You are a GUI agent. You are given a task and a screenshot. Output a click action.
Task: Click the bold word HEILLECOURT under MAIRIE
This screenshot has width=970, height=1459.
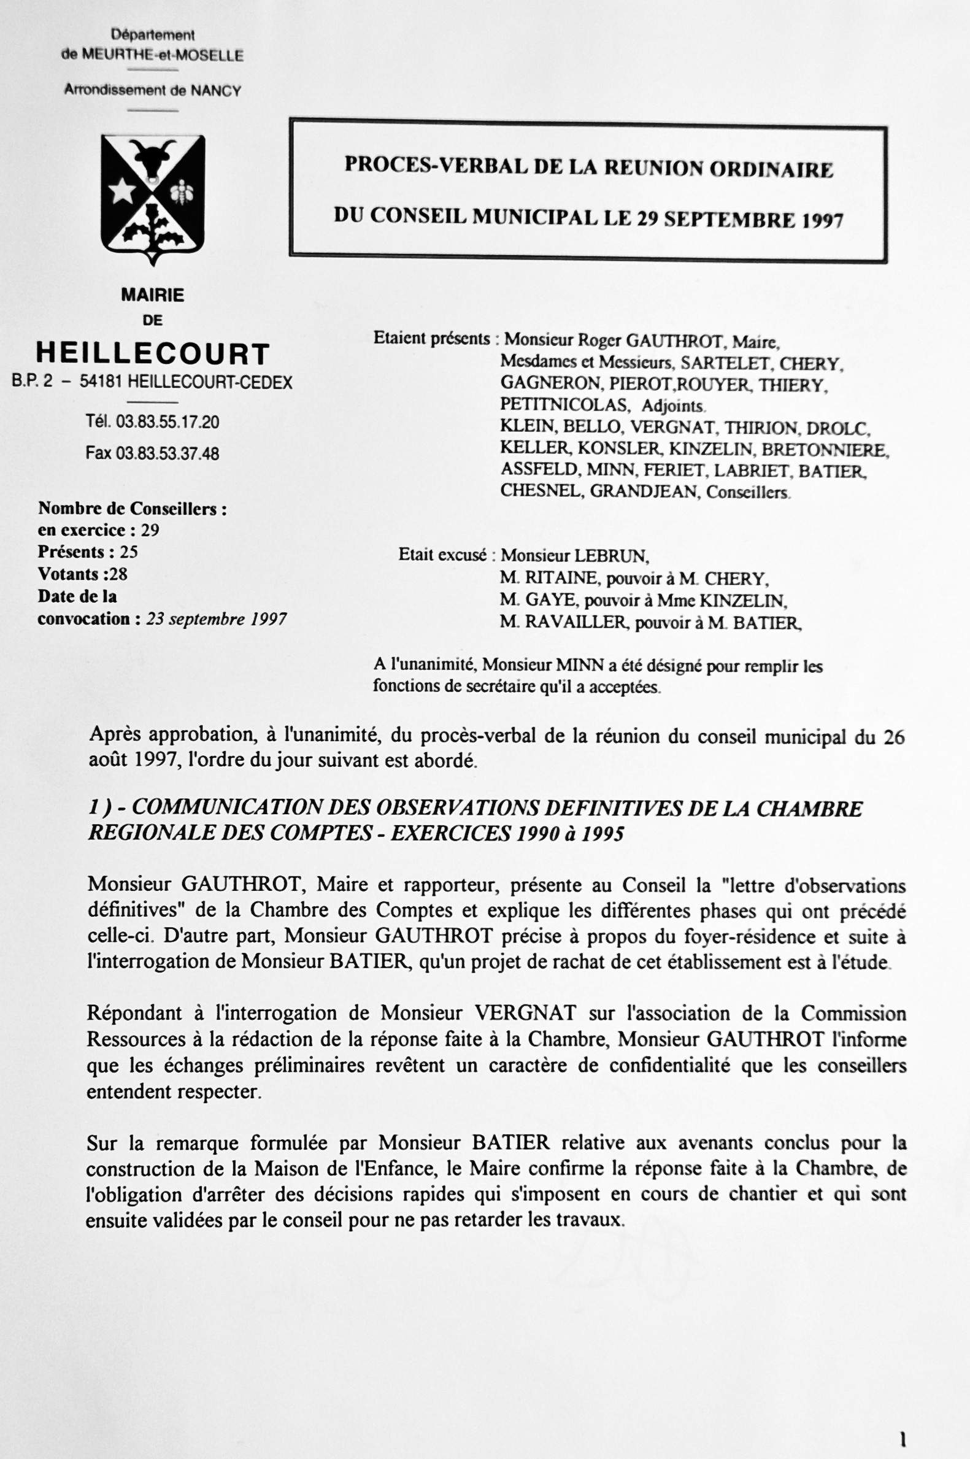pos(153,355)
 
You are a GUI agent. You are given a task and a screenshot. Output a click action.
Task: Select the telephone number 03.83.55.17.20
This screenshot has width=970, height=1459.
pos(167,423)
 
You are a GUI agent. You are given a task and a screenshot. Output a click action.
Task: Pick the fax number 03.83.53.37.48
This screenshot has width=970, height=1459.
pos(167,453)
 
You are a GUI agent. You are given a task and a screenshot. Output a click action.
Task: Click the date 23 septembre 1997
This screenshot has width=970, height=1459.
pos(217,619)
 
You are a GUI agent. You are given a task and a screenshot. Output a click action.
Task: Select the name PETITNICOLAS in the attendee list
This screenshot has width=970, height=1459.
pos(565,406)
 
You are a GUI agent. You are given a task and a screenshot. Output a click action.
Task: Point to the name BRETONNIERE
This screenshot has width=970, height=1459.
pos(825,450)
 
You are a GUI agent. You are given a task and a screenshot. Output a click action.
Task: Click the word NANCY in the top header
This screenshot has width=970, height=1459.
pos(216,91)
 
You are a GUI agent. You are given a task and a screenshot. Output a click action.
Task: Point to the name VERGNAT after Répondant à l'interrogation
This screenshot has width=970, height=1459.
pos(525,1014)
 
